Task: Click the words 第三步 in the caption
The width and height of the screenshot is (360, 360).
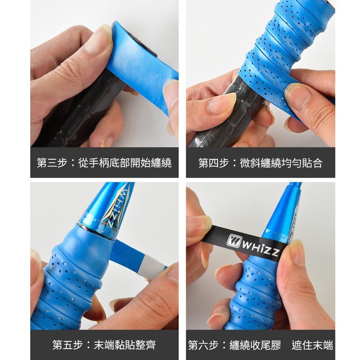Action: tap(52, 163)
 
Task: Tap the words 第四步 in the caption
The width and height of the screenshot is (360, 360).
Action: tap(214, 163)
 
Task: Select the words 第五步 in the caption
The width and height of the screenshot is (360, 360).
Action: tap(68, 345)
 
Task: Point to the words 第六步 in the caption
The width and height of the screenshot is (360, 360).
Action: tap(203, 345)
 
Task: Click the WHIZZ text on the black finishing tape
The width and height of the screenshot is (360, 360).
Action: tap(261, 248)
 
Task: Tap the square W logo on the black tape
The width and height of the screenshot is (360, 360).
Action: tap(233, 240)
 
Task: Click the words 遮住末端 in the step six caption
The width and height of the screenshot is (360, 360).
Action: tap(312, 345)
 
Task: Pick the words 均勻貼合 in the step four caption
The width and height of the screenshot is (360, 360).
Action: tap(302, 163)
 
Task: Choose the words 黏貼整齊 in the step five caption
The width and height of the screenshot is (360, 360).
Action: tap(135, 345)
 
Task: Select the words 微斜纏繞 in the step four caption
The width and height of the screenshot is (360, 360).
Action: tap(260, 163)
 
